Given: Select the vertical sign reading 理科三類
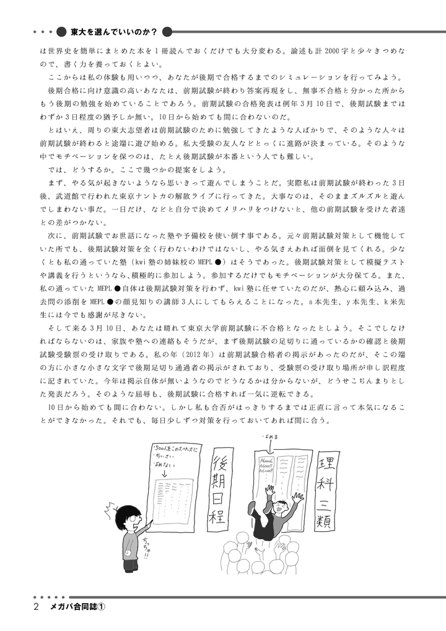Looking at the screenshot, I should (x=327, y=490).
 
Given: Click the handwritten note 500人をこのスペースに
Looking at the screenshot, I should (x=176, y=447).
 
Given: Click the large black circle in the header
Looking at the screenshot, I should (x=60, y=30).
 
